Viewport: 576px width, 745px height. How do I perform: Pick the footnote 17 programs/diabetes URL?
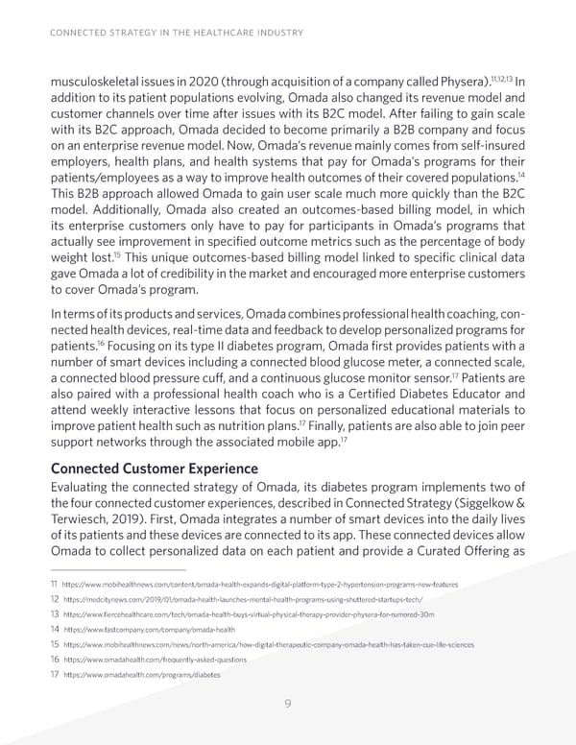[140, 675]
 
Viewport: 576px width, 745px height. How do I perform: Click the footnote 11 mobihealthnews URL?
[259, 584]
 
